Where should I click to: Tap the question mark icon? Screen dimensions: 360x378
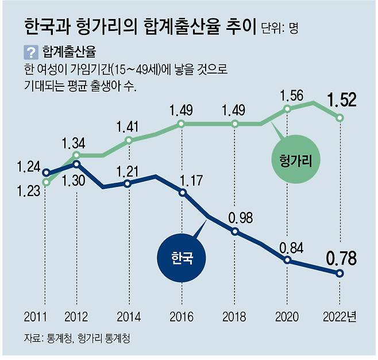pos(30,53)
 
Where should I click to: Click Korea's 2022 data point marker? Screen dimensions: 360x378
pos(340,274)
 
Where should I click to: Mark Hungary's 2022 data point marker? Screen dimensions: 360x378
pos(340,118)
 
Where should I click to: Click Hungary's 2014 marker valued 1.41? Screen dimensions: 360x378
pos(128,140)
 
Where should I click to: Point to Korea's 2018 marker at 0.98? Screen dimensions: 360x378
pos(235,232)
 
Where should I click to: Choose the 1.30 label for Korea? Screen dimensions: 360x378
pos(76,179)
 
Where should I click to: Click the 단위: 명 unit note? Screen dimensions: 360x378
pos(281,27)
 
